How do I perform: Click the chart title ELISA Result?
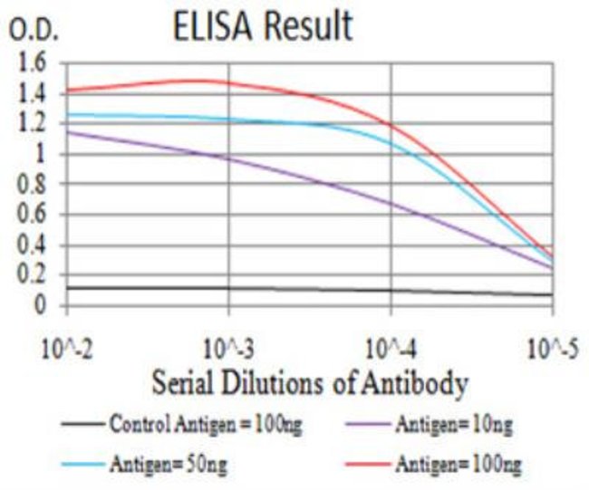(263, 26)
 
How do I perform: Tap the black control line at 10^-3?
(228, 289)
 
